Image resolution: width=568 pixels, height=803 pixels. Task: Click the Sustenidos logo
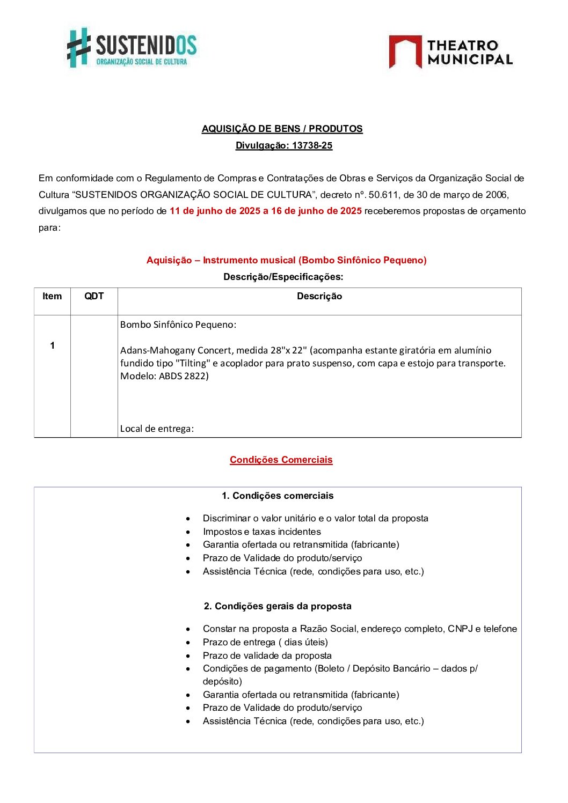coord(132,48)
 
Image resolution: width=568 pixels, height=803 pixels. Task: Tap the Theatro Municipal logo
coord(450,52)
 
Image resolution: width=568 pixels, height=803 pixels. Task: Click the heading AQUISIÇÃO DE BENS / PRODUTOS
coord(282,129)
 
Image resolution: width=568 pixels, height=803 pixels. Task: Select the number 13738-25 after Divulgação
coord(312,145)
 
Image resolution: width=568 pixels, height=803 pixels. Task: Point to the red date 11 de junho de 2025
coord(215,211)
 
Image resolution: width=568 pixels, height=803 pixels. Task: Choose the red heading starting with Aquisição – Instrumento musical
coord(286,260)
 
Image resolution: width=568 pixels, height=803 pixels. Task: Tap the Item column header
coord(52,296)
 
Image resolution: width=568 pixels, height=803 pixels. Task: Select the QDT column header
coord(94,296)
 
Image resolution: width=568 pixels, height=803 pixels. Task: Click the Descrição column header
coord(319,296)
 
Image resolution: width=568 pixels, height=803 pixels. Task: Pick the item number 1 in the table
coord(52,345)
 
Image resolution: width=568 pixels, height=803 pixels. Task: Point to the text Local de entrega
coord(157,429)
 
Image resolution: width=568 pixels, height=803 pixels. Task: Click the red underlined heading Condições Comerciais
coord(281,460)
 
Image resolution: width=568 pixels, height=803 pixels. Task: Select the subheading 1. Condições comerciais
coord(278,496)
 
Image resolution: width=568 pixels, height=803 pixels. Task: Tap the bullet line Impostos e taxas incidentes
coord(261,532)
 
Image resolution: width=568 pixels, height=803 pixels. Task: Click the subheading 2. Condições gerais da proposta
coord(278,606)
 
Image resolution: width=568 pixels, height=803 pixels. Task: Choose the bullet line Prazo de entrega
coord(265,642)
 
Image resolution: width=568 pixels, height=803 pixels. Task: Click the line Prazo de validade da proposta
coord(267,655)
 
